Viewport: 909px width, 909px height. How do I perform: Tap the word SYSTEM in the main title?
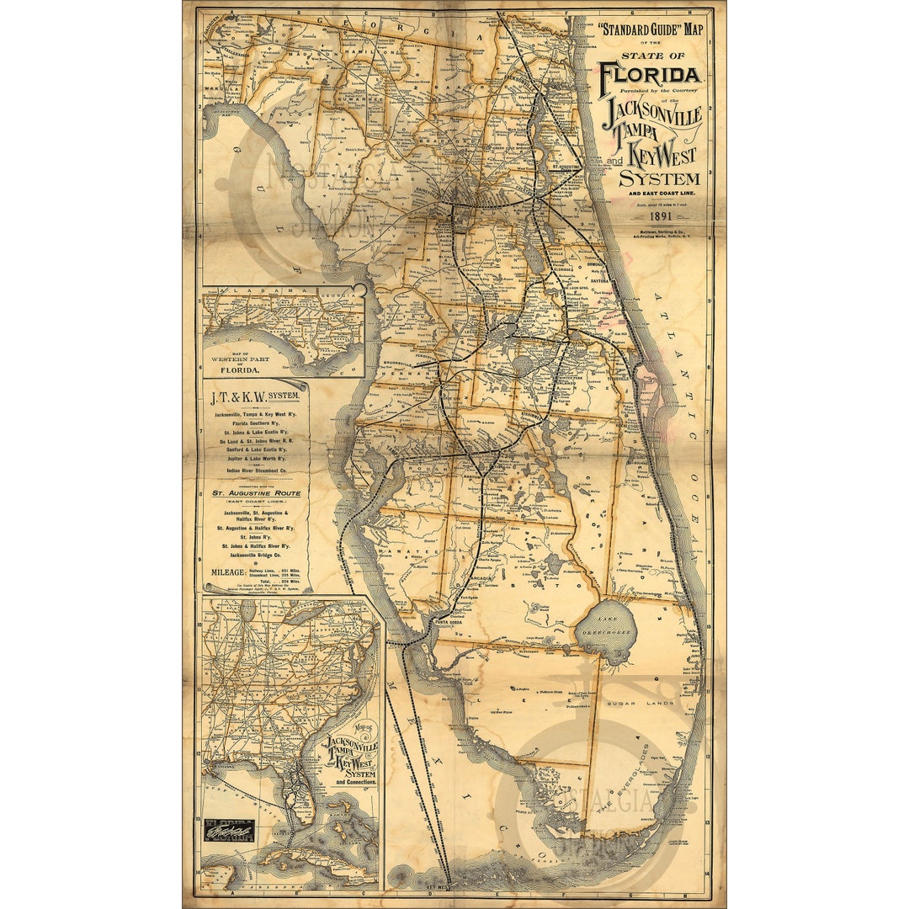click(659, 178)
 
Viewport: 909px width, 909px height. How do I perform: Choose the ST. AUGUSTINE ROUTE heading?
click(255, 493)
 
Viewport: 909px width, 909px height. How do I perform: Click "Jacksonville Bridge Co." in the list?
click(255, 556)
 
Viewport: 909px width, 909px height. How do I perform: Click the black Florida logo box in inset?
click(230, 830)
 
